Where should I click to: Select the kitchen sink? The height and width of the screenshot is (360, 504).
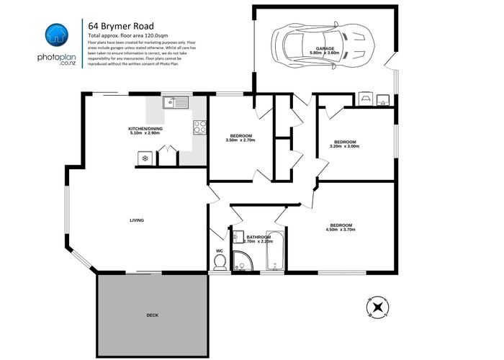(x=174, y=102)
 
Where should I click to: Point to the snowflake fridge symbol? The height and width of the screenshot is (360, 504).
(x=145, y=158)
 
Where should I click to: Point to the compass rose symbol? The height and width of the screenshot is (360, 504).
(x=379, y=307)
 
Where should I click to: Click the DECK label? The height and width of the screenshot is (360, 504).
(x=152, y=315)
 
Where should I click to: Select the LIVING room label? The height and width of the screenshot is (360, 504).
(x=137, y=220)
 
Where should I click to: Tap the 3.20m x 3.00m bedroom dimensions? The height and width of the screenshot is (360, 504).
(x=343, y=146)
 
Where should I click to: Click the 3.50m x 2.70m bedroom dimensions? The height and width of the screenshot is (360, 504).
(x=240, y=140)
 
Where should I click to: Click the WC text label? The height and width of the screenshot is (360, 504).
(x=219, y=251)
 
